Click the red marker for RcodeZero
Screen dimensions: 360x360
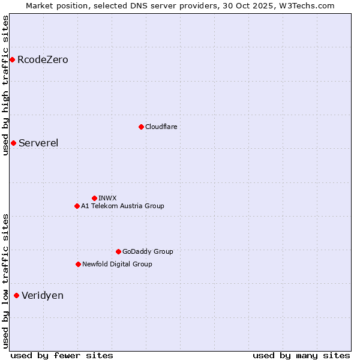coord(12,59)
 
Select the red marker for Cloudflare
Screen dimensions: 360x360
coord(141,127)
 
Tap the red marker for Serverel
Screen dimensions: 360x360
coord(13,143)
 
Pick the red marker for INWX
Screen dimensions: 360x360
coord(94,198)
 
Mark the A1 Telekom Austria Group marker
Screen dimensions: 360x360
coord(77,206)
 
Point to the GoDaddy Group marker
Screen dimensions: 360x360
coord(118,251)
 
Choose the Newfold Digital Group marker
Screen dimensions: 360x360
coord(78,264)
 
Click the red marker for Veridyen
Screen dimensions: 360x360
coord(16,295)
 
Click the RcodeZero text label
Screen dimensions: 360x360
coord(43,59)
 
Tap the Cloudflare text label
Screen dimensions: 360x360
coord(161,127)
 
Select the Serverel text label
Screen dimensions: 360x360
coord(38,143)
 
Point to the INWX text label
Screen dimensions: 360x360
coord(107,198)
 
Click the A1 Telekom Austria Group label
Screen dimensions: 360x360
coord(122,206)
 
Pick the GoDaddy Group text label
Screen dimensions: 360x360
coord(148,251)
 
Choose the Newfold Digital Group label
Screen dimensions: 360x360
coord(117,264)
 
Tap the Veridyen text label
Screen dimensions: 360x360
coord(43,295)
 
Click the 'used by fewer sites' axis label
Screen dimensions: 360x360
coord(62,355)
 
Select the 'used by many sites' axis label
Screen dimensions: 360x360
coord(301,355)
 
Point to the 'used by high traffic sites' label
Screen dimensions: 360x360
coord(5,85)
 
